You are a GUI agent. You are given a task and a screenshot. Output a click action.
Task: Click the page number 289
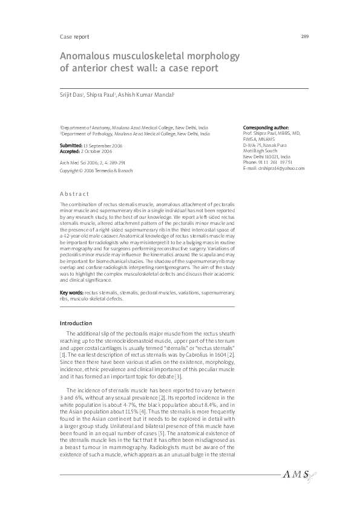(x=305, y=37)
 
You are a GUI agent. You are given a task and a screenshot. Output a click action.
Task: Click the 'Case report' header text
(x=74, y=37)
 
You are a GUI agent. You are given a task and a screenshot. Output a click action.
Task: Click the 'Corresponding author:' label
(x=266, y=128)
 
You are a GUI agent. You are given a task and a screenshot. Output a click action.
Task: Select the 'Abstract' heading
(x=74, y=194)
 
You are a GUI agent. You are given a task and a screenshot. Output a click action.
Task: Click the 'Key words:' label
(x=71, y=293)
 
